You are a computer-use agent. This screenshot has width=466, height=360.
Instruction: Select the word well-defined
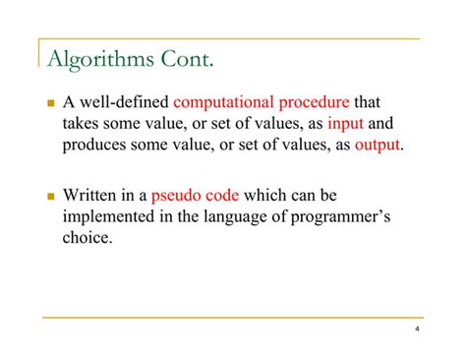tap(124, 102)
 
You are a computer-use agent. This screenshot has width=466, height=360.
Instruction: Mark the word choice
tap(87, 238)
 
